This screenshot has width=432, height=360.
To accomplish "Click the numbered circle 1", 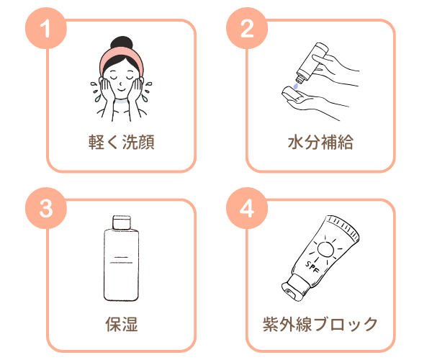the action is (x=46, y=28).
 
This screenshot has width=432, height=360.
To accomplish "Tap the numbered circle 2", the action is (x=247, y=28).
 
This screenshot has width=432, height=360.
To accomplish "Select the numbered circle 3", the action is (x=46, y=208).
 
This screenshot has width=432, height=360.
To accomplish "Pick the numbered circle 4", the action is (x=247, y=208).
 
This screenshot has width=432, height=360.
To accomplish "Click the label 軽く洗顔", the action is (x=122, y=142).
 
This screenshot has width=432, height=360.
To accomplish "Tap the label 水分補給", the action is (x=320, y=142).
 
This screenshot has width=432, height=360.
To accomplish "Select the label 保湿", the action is (x=122, y=324).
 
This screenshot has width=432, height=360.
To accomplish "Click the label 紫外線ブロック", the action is (x=320, y=324).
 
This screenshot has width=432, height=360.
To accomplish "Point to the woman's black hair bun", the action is (x=122, y=43).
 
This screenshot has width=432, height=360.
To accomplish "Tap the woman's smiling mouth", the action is (x=121, y=89).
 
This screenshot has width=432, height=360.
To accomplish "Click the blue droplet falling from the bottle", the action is (x=296, y=86).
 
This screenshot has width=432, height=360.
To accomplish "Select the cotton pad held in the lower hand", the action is (x=292, y=94).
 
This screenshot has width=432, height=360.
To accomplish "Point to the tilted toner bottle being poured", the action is (x=312, y=62).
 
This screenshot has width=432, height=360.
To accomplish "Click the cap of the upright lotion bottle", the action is (x=122, y=222).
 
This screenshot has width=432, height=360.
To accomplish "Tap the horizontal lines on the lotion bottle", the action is (x=121, y=260).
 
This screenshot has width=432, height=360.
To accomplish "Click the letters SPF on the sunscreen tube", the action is (x=312, y=267).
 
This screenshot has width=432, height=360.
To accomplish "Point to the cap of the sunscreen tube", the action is (x=294, y=287).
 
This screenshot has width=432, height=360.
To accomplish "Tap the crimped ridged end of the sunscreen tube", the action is (x=343, y=226).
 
